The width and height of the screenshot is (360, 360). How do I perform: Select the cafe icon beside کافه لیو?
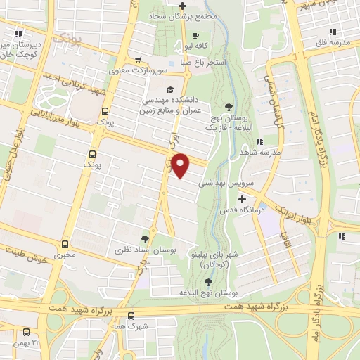click(x=195, y=36)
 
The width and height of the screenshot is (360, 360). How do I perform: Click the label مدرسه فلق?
click(x=333, y=43)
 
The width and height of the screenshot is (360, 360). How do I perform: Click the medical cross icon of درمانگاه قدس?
click(x=242, y=200)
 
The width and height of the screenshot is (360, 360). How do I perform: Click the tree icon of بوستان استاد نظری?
click(x=145, y=239)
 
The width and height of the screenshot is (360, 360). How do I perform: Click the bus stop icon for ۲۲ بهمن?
click(x=27, y=332)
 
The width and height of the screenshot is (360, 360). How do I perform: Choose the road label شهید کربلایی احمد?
click(x=67, y=79)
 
